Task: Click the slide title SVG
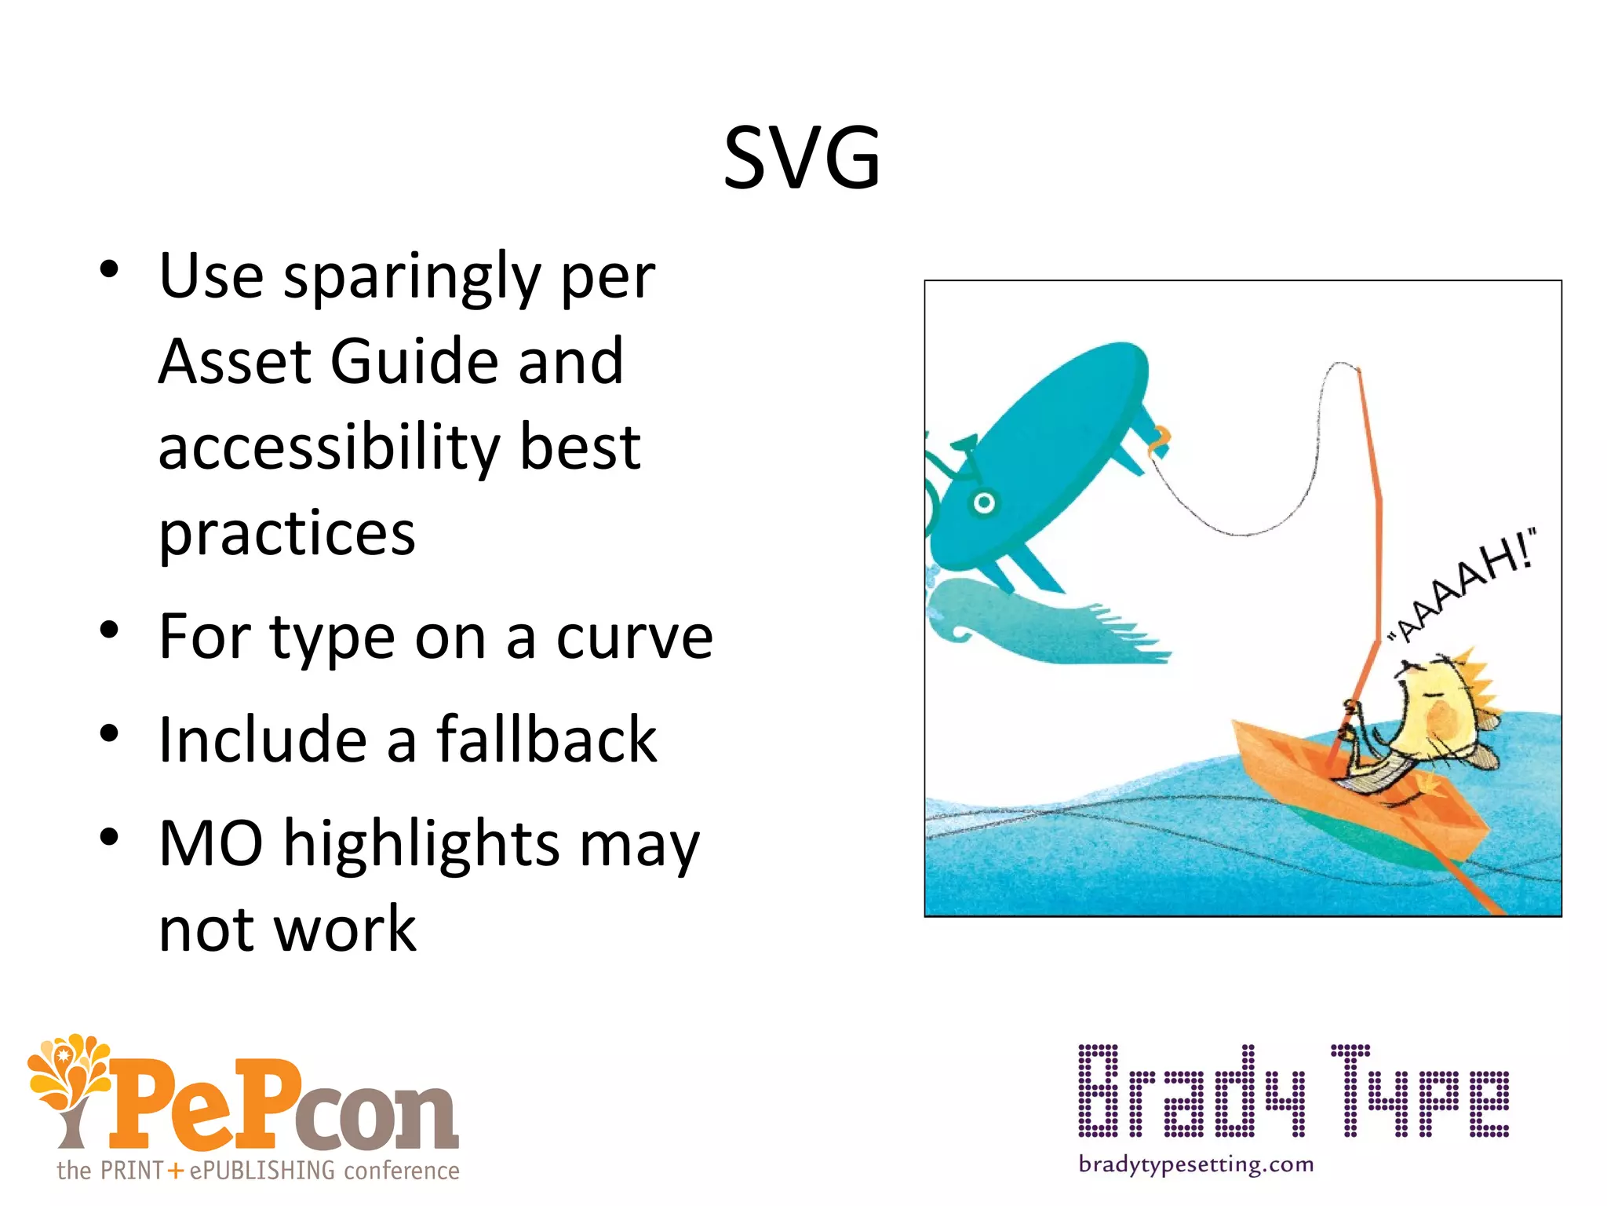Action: click(802, 159)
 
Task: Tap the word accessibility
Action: click(328, 447)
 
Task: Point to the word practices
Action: click(286, 533)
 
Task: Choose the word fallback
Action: click(546, 740)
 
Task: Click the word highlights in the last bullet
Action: click(421, 843)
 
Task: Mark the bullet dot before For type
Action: click(109, 630)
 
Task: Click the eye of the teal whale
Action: click(984, 502)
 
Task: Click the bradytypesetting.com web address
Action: click(1196, 1164)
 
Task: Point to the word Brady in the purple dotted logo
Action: click(1192, 1091)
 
